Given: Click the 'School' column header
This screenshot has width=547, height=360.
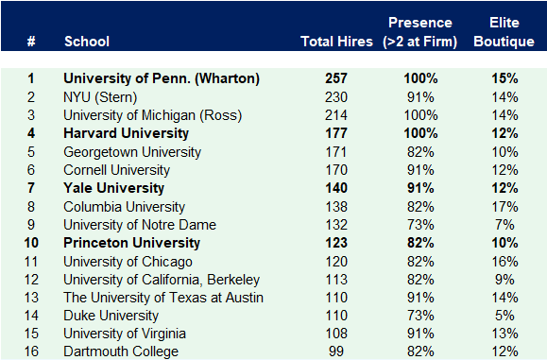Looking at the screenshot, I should click(x=87, y=42).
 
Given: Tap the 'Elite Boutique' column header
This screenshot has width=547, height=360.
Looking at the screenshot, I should click(x=504, y=32).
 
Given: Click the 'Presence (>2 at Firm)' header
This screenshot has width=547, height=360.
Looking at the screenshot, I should click(x=419, y=32).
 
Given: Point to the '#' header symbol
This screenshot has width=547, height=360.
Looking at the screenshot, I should click(x=31, y=42).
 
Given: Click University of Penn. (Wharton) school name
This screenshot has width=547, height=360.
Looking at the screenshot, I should click(x=162, y=78).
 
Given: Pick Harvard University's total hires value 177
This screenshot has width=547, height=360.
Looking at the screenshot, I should click(x=336, y=133).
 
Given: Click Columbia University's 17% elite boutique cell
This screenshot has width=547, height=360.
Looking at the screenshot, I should click(x=505, y=206).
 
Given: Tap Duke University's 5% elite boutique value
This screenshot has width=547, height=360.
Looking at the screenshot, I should click(x=505, y=316).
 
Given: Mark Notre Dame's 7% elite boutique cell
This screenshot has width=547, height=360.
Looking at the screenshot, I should click(x=505, y=225).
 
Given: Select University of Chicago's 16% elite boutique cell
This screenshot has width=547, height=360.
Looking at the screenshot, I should click(x=505, y=261).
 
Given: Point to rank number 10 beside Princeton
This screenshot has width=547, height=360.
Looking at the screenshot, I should click(x=31, y=243).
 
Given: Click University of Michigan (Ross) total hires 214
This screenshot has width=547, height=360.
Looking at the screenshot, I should click(x=336, y=115).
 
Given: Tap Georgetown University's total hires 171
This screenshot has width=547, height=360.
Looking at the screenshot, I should click(x=336, y=151).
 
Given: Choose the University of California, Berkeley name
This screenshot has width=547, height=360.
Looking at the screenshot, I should click(x=162, y=280).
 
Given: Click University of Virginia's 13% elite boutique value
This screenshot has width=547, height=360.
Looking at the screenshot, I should click(x=505, y=334).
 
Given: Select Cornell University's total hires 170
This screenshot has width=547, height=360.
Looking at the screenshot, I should click(x=336, y=170).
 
